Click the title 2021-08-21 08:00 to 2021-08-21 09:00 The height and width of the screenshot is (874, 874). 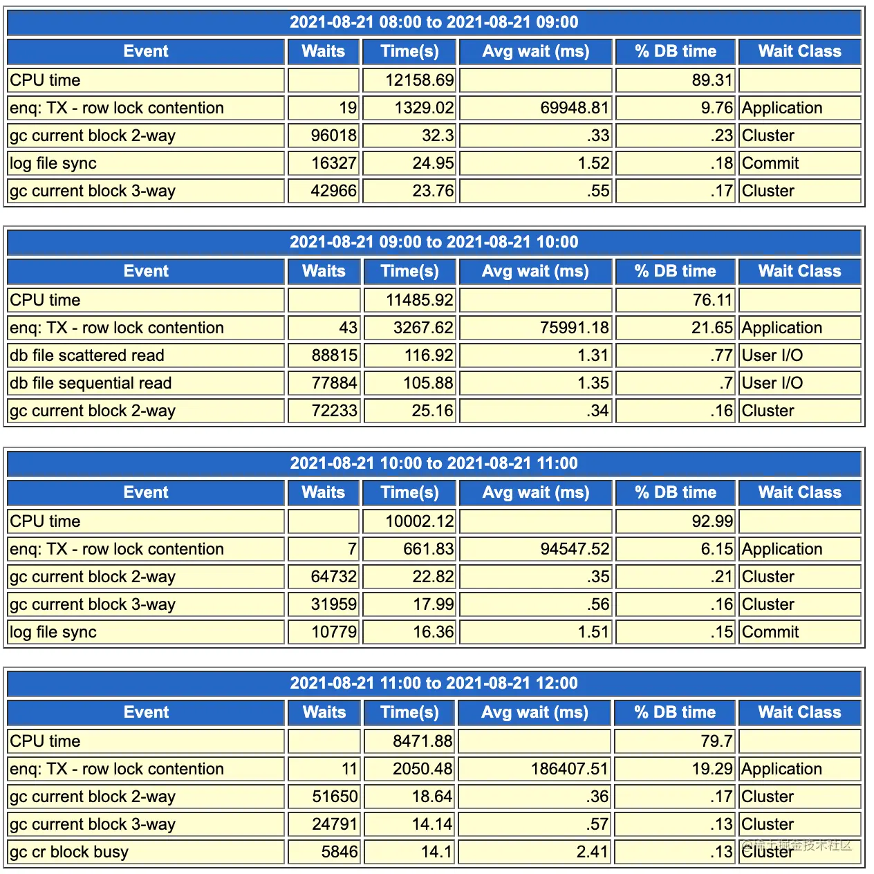[434, 22]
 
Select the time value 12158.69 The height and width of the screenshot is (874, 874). [419, 80]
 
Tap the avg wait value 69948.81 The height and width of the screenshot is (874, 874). [574, 108]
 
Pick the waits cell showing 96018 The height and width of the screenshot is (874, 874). [333, 136]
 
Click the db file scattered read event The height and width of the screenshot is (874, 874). [87, 355]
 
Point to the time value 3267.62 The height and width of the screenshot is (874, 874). [423, 328]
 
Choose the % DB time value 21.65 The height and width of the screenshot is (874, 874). [712, 328]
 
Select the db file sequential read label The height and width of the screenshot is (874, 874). [91, 383]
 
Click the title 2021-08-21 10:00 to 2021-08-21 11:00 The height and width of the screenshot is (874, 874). [434, 463]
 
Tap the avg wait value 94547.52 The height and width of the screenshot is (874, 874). [575, 549]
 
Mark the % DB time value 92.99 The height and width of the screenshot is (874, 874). [712, 521]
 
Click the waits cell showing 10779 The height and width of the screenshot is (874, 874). [334, 632]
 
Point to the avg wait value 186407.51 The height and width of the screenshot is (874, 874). [569, 769]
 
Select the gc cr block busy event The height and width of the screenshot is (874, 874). [69, 852]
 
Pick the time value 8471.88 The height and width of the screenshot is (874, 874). [422, 741]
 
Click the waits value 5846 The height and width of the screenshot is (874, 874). [340, 852]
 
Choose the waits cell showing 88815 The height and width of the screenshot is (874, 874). [335, 355]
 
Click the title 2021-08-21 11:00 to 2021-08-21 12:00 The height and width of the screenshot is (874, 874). [434, 683]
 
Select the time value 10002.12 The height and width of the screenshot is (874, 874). [419, 521]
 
